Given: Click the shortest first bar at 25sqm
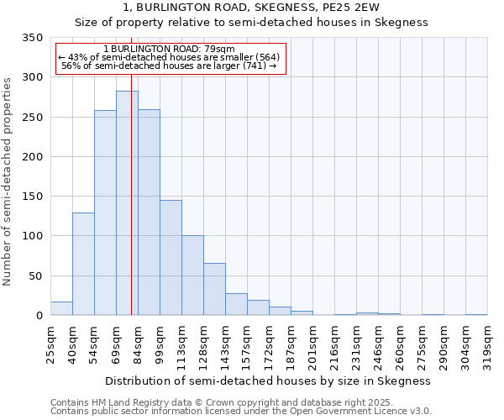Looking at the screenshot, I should [x=61, y=308].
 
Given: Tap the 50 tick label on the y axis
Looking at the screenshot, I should [x=35, y=276].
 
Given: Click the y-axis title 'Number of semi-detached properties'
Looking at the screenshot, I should [x=8, y=181].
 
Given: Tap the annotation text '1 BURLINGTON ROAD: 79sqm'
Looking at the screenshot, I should [x=170, y=50].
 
